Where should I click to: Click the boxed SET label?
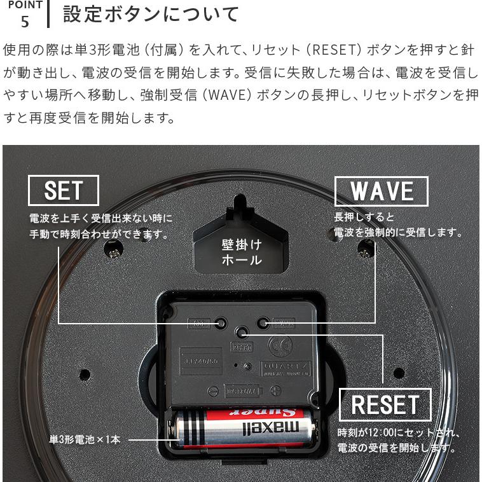pos(64,190)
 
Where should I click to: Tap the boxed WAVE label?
pos(382,191)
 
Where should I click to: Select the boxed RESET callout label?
pos(385,404)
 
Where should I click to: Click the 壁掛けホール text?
pos(242,252)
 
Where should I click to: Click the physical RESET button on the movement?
pos(241,333)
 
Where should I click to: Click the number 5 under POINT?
pos(25,22)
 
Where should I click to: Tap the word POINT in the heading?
pos(25,5)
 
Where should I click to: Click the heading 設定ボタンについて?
pos(151,14)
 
